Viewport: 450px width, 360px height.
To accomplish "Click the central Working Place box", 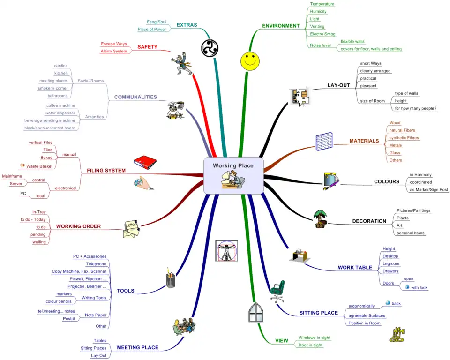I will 233,175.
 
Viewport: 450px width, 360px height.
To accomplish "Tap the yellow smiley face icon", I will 250,61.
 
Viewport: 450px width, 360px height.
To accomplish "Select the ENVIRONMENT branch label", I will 280,26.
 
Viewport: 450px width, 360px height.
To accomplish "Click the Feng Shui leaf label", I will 157,22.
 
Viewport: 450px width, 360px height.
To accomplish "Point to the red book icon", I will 145,161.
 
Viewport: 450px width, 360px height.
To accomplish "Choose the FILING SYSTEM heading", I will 106,171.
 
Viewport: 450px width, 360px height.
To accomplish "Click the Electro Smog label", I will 323,34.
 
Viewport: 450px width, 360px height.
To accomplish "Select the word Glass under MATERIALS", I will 395,153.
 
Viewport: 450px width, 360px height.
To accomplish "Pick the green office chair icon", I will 277,291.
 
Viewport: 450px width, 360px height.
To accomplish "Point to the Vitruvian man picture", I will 227,251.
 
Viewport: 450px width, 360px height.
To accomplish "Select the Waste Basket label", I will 39,166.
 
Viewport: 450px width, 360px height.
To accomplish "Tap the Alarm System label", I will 114,51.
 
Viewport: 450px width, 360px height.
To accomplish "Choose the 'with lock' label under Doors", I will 419,287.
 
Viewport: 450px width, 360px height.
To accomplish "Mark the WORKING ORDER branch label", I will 78,226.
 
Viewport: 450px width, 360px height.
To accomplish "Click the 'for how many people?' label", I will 416,108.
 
